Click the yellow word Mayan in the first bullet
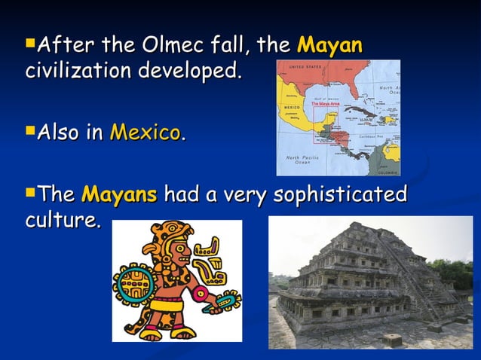pyautogui.click(x=330, y=46)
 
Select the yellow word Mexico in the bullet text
pyautogui.click(x=146, y=133)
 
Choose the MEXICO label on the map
pyautogui.click(x=292, y=108)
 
